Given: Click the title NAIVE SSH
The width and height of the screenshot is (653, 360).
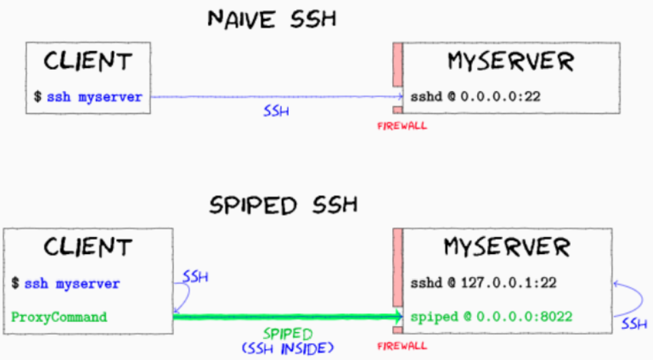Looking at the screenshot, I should click(272, 18).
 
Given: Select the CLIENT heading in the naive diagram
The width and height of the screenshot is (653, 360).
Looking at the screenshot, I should click(88, 62).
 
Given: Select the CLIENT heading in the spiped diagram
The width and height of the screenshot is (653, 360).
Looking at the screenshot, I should click(89, 247).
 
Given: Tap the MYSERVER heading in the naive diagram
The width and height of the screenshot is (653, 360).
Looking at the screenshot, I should click(510, 62).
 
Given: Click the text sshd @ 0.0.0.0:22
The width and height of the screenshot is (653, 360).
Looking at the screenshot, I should click(475, 96).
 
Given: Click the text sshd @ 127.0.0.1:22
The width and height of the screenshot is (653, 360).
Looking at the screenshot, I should click(483, 283).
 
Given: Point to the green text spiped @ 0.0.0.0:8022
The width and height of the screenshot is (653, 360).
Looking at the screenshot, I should click(491, 317).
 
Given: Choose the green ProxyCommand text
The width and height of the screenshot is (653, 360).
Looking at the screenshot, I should click(59, 317).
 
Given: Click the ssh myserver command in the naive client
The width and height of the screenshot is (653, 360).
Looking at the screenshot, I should click(94, 96).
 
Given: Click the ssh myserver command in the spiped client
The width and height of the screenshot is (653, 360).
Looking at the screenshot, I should click(72, 283).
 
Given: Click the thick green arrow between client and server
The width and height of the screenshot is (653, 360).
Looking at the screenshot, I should click(285, 317).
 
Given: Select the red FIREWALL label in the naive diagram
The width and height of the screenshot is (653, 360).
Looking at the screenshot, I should click(402, 126).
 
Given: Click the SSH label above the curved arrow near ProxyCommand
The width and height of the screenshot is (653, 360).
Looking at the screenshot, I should click(196, 277).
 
